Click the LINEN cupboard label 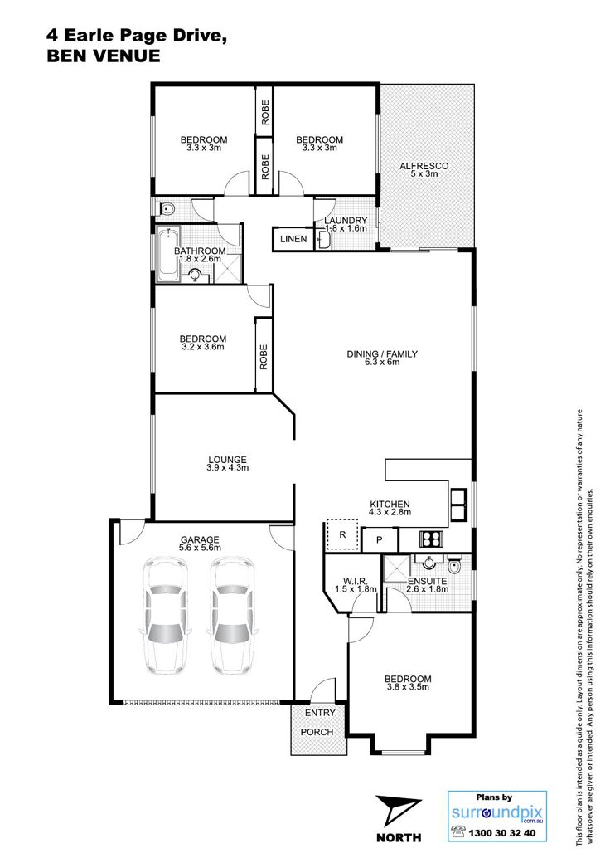(x=293, y=239)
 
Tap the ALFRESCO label (x=424, y=166)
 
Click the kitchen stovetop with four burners (x=430, y=539)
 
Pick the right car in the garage (x=231, y=616)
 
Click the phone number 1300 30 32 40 (x=501, y=833)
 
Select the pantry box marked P (x=380, y=540)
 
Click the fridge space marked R (x=343, y=534)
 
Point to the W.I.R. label (x=355, y=581)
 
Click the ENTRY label (x=320, y=713)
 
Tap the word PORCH (x=317, y=732)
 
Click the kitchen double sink (x=459, y=505)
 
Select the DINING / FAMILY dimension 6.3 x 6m (x=381, y=362)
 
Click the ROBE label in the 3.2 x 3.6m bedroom (x=264, y=357)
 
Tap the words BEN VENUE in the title (x=104, y=56)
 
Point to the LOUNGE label (x=228, y=460)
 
